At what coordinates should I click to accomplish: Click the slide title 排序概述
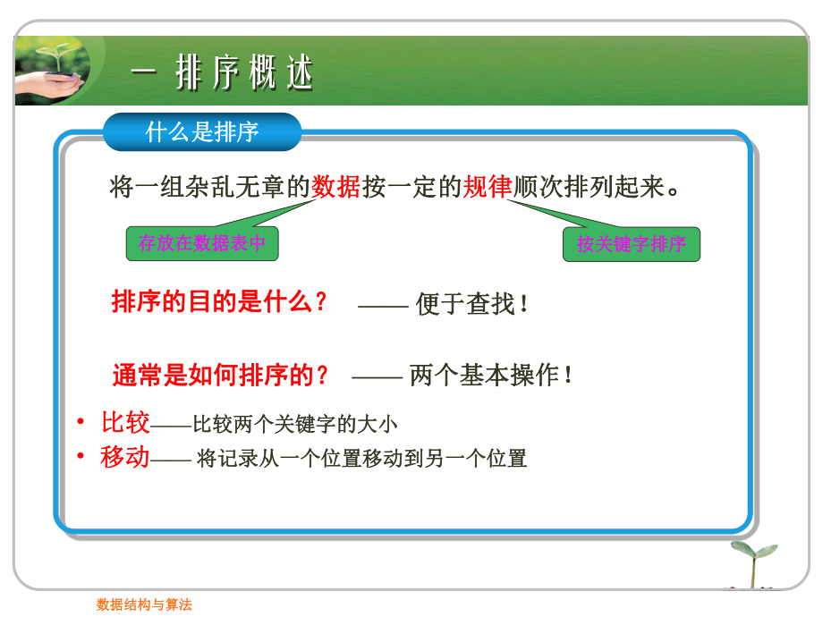tap(246, 73)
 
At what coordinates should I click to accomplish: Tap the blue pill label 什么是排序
tap(202, 132)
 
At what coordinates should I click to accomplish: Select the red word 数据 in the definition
tap(335, 187)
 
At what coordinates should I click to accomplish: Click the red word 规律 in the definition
tap(488, 187)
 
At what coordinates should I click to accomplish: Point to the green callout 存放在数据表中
tap(202, 242)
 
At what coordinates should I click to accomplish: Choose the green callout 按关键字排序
tap(631, 244)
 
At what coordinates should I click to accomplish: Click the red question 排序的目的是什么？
tap(220, 302)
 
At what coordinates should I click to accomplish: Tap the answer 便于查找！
tap(473, 304)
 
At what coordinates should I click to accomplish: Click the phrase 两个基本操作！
tap(491, 376)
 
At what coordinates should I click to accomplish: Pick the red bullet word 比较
tap(125, 422)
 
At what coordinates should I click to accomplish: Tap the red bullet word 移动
tap(125, 458)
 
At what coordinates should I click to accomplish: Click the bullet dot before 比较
tap(81, 421)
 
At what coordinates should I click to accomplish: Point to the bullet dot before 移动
tap(81, 457)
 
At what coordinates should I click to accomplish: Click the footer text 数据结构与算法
tap(144, 604)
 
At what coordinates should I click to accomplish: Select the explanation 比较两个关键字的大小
tap(295, 424)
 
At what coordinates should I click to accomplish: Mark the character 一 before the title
tap(144, 73)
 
